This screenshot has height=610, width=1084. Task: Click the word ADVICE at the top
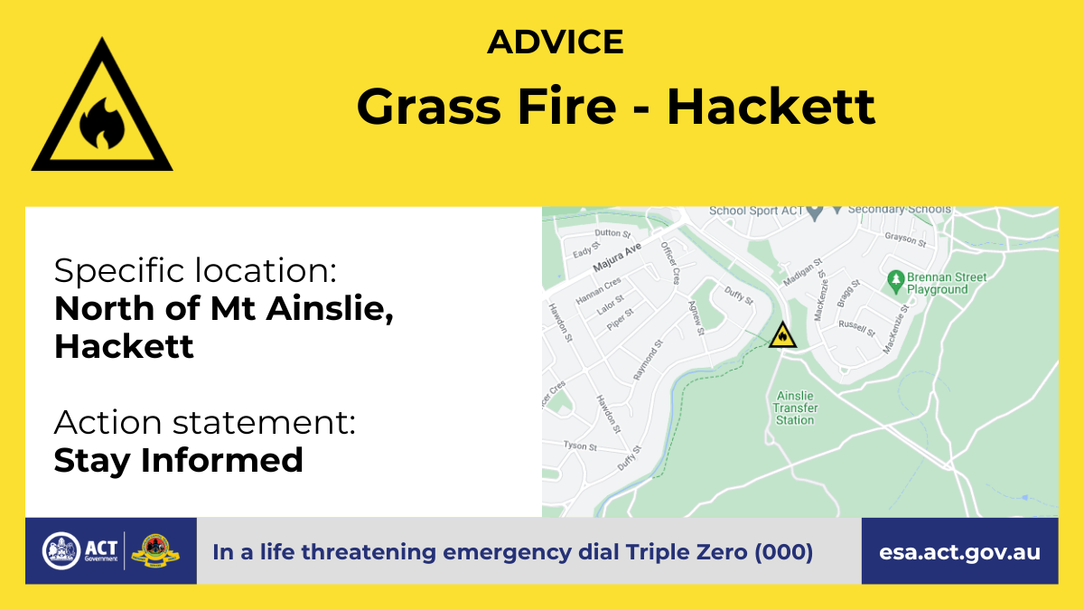coord(555,42)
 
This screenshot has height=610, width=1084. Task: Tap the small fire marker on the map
coord(782,335)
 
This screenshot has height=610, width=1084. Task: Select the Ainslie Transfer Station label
coord(795,408)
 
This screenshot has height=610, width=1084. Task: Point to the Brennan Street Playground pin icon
coord(896,282)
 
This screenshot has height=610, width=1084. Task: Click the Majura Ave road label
coord(617,257)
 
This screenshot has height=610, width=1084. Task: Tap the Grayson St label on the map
coord(905,239)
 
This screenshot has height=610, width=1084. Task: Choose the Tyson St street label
coord(580,446)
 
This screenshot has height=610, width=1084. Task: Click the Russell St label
coord(857,328)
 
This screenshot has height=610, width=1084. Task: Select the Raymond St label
coord(648,360)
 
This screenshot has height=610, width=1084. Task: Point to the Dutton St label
coord(612,233)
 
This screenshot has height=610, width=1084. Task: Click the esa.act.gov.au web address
coord(959,552)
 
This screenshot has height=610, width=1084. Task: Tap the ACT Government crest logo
coord(61,551)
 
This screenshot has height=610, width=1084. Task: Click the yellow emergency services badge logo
coord(155,551)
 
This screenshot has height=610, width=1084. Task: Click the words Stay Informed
coord(179,460)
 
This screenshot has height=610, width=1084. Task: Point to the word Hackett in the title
coord(771,107)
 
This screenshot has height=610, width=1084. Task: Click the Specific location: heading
coord(195,270)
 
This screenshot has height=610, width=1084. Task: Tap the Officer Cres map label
coord(670,263)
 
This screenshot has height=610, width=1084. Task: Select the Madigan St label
coord(803,272)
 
